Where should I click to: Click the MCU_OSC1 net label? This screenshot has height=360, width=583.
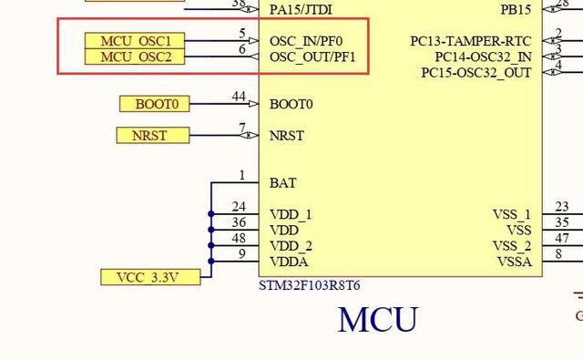click(135, 41)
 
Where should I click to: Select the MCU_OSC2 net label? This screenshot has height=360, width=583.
click(135, 57)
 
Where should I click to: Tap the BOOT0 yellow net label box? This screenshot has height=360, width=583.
click(155, 104)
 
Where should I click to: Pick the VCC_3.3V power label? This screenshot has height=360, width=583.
click(149, 277)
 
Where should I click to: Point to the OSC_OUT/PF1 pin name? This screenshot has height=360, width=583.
click(312, 57)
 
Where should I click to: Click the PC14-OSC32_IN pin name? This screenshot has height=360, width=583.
click(483, 57)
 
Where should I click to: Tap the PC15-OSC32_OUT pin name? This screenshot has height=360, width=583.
click(476, 73)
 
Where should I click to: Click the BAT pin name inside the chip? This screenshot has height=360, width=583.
click(282, 183)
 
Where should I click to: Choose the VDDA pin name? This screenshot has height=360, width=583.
click(290, 262)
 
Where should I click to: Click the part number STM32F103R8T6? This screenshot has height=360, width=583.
click(310, 285)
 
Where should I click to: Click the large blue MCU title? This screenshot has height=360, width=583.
click(377, 320)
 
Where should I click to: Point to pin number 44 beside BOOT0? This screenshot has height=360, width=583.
click(239, 97)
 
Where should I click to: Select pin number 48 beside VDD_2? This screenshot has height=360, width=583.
click(239, 239)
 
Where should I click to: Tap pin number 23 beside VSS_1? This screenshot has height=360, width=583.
click(562, 208)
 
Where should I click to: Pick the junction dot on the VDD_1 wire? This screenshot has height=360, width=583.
click(211, 214)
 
